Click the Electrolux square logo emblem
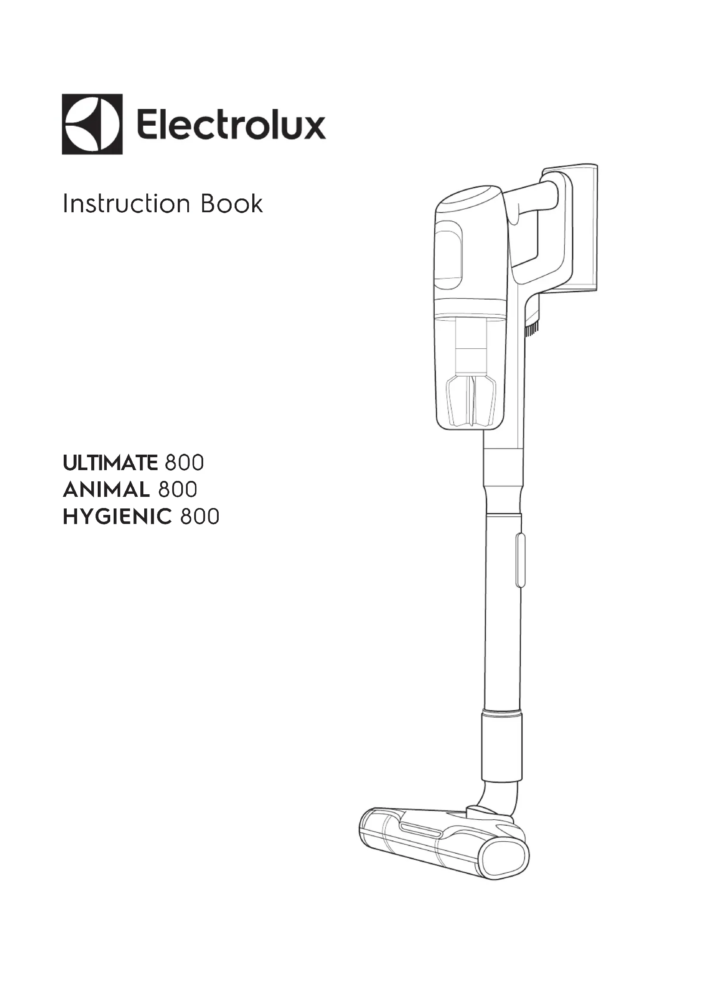(92, 124)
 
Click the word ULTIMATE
(110, 463)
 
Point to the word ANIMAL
(106, 490)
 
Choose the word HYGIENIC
(117, 517)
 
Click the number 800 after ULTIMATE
(184, 463)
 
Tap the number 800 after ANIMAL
(177, 490)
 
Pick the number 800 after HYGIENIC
(199, 517)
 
